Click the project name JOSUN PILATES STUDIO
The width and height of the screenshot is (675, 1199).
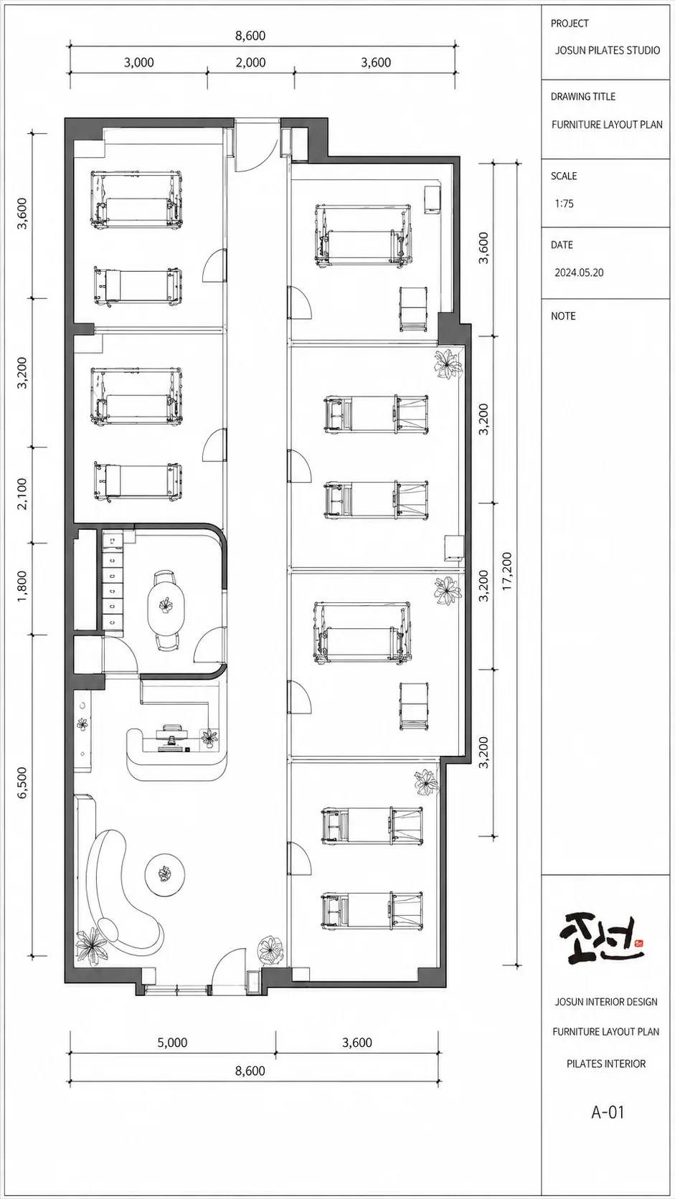[x=607, y=50]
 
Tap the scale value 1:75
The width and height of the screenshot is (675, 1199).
[x=565, y=204]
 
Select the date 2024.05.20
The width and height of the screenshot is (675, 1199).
[x=579, y=272]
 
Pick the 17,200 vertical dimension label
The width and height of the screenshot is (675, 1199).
[x=507, y=571]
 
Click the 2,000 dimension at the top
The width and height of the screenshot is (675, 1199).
[x=250, y=62]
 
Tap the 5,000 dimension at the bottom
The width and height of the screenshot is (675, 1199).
[x=172, y=1042]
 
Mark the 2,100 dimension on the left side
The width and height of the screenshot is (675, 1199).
[x=22, y=493]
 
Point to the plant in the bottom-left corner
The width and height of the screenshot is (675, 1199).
[x=93, y=947]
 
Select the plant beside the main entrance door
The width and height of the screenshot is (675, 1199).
[x=270, y=949]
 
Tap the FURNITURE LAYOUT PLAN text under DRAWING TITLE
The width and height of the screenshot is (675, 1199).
[x=607, y=125]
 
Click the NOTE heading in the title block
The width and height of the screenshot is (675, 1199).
[x=563, y=316]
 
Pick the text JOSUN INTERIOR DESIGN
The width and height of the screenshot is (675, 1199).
[x=606, y=1002]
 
